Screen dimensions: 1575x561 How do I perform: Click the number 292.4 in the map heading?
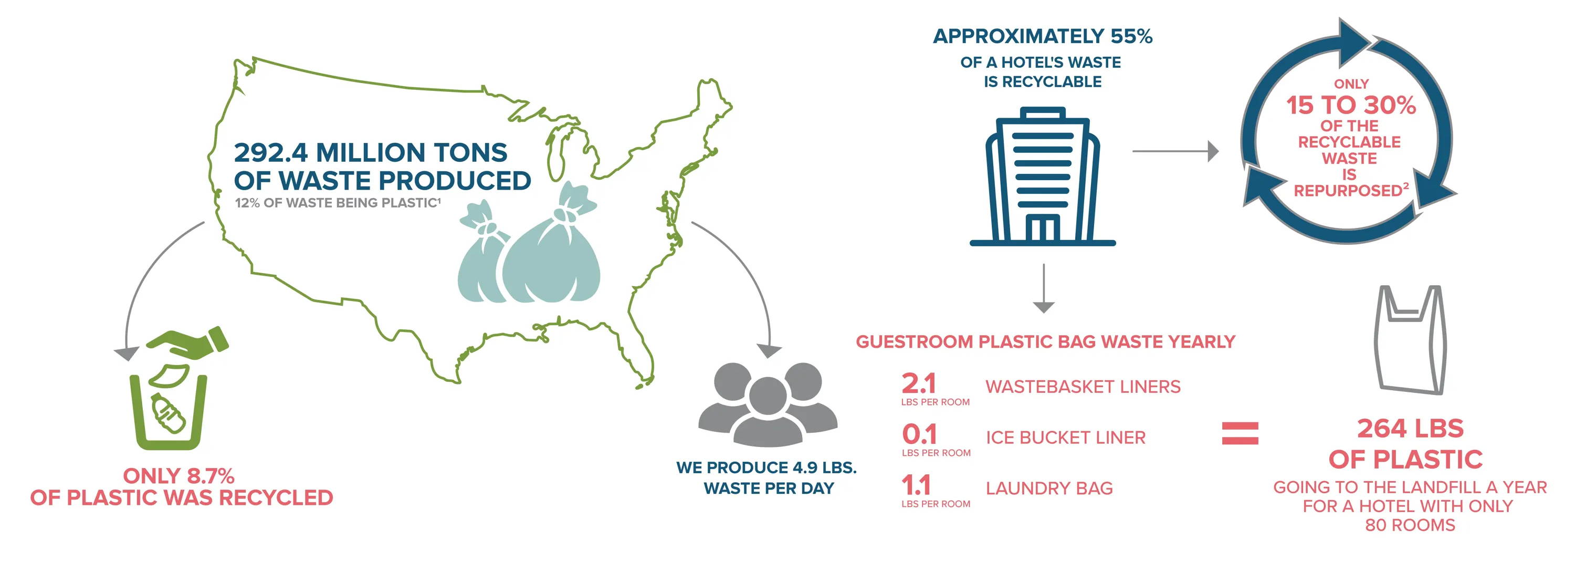click(x=270, y=152)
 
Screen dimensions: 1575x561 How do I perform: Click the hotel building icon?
click(x=1043, y=177)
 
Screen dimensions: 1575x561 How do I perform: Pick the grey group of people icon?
click(x=768, y=404)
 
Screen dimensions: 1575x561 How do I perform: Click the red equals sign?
click(x=1240, y=433)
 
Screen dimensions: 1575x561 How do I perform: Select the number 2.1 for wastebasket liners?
click(x=918, y=383)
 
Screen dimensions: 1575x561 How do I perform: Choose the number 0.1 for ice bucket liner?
click(x=919, y=434)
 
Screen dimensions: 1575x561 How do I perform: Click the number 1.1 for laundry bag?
click(x=916, y=486)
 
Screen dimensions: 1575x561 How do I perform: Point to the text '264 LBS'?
click(x=1411, y=428)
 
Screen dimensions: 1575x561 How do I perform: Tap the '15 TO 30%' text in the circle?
click(x=1351, y=105)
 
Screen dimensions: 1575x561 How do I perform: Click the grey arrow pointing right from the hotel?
click(x=1175, y=151)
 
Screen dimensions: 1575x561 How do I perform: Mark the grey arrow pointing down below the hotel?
click(x=1044, y=288)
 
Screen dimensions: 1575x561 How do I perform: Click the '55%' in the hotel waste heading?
click(x=1131, y=36)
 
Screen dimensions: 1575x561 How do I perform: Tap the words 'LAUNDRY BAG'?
click(x=1049, y=488)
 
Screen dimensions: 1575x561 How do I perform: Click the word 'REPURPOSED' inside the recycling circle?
click(x=1347, y=191)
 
